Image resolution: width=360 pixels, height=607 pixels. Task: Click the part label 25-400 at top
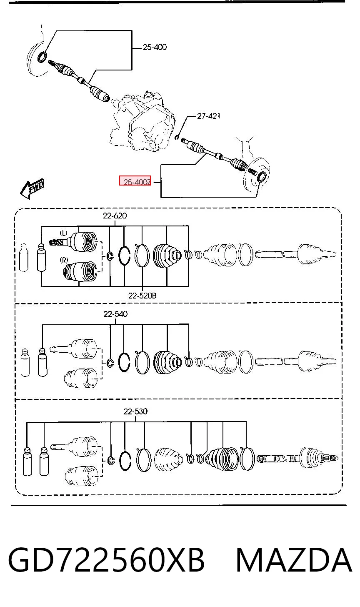155,47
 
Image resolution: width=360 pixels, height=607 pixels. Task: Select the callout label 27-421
208,116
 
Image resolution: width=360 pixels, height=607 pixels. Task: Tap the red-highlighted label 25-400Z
135,181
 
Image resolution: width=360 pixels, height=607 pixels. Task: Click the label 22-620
115,216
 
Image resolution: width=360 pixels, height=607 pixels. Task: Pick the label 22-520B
142,295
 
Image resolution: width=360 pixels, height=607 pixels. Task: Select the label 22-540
115,314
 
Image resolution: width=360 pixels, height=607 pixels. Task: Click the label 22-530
135,411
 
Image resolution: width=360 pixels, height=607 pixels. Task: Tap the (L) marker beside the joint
63,233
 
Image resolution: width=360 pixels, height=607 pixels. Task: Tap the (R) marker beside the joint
64,260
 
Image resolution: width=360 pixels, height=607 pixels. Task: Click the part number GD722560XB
106,560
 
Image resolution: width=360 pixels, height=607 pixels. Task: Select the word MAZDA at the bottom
294,560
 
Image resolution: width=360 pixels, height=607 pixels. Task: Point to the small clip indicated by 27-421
177,137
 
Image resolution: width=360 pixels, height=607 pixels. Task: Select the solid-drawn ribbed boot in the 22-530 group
222,458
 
